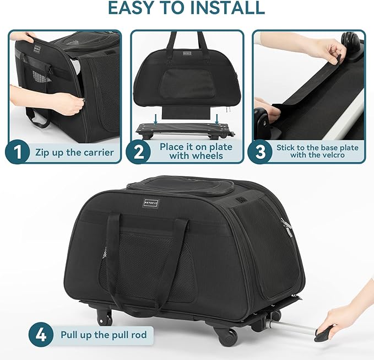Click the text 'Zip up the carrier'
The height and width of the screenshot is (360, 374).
click(x=74, y=153)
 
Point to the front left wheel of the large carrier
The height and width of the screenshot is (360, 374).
click(x=105, y=317)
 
